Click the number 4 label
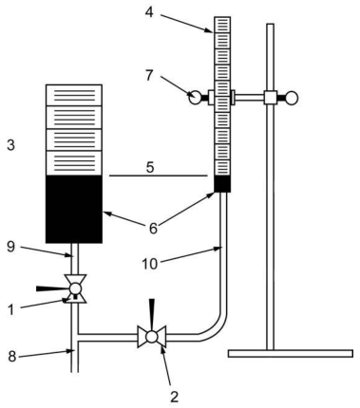pyautogui.click(x=149, y=12)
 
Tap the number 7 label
pyautogui.click(x=149, y=76)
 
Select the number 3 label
pyautogui.click(x=10, y=145)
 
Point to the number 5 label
pyautogui.click(x=150, y=168)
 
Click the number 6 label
pyautogui.click(x=153, y=229)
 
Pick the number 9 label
pyautogui.click(x=10, y=247)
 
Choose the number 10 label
pyautogui.click(x=150, y=264)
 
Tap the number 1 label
pyautogui.click(x=11, y=310)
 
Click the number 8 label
pyautogui.click(x=11, y=356)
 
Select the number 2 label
pyautogui.click(x=175, y=397)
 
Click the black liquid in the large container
pyautogui.click(x=74, y=209)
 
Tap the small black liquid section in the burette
pyautogui.click(x=222, y=184)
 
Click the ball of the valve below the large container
pyautogui.click(x=75, y=288)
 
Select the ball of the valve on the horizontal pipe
pyautogui.click(x=152, y=337)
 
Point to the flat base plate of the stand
pyautogui.click(x=291, y=353)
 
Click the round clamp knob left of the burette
pyautogui.click(x=195, y=97)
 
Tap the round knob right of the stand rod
pyautogui.click(x=292, y=98)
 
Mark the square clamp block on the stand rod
pyautogui.click(x=271, y=98)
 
